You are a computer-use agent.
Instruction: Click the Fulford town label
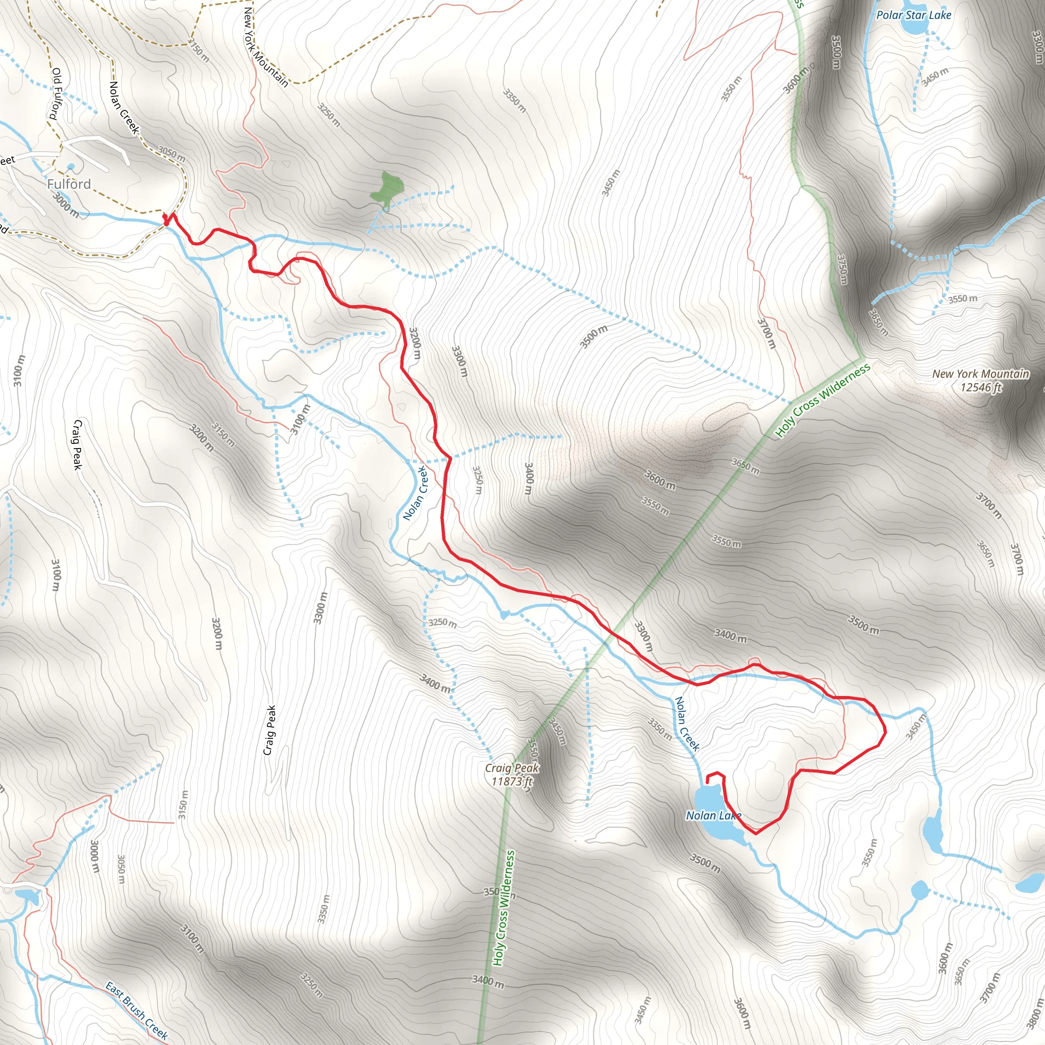[x=69, y=184]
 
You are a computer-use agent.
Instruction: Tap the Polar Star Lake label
[x=913, y=15]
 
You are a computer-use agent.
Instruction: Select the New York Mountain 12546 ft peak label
[x=981, y=380]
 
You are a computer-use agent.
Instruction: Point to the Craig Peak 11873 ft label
[x=512, y=775]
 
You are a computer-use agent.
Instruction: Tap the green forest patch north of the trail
[x=388, y=189]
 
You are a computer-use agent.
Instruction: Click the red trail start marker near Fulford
[x=165, y=218]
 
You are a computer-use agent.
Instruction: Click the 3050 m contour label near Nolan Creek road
[x=172, y=154]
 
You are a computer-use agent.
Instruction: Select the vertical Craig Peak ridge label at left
[x=78, y=444]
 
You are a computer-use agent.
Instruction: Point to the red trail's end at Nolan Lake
[x=708, y=782]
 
